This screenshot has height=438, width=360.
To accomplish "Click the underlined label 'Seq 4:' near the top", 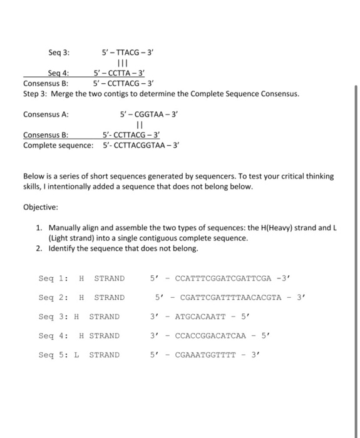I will [x=59, y=73].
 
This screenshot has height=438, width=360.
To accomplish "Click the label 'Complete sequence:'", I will [x=58, y=145].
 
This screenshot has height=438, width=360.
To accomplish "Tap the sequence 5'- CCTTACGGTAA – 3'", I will [x=141, y=145].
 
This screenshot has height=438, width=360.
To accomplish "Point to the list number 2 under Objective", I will [x=39, y=248].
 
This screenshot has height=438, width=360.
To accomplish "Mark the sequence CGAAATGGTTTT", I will [x=205, y=355].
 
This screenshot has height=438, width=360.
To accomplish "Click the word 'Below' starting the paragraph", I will [x=35, y=176].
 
